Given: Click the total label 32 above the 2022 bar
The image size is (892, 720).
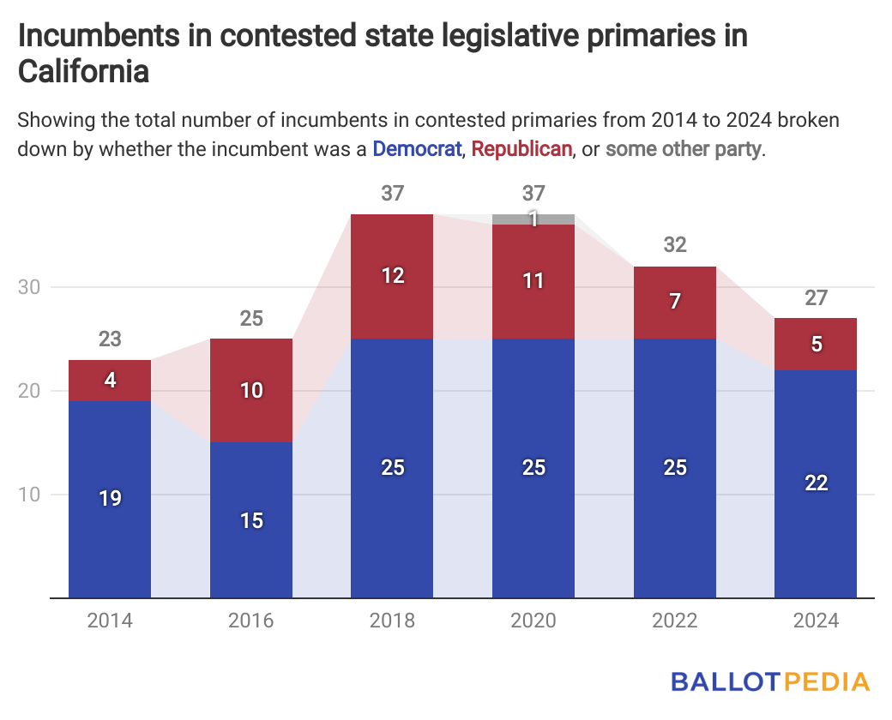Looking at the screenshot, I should point(675,245).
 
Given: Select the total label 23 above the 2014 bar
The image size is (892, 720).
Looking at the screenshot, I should point(110,339).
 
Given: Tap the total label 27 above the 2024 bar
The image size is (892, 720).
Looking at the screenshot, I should point(816,297).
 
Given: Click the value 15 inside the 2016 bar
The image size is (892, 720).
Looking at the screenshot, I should point(251,520).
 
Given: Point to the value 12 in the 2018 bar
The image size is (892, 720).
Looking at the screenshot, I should point(392,276).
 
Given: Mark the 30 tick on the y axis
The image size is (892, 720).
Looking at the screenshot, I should point(30,287).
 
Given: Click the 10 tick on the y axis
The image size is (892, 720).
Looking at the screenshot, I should point(30,495).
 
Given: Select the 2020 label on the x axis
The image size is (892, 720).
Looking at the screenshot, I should point(533,621).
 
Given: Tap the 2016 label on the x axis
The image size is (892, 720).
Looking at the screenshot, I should point(251,621).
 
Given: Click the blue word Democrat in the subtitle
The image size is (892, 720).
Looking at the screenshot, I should point(417,149).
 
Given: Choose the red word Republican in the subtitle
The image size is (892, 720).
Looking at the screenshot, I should point(521,149).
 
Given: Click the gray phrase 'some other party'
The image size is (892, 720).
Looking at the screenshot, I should point(683,149).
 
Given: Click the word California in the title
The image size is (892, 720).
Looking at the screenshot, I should point(84,72).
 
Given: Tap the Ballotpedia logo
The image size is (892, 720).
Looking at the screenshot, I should point(769,682).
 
